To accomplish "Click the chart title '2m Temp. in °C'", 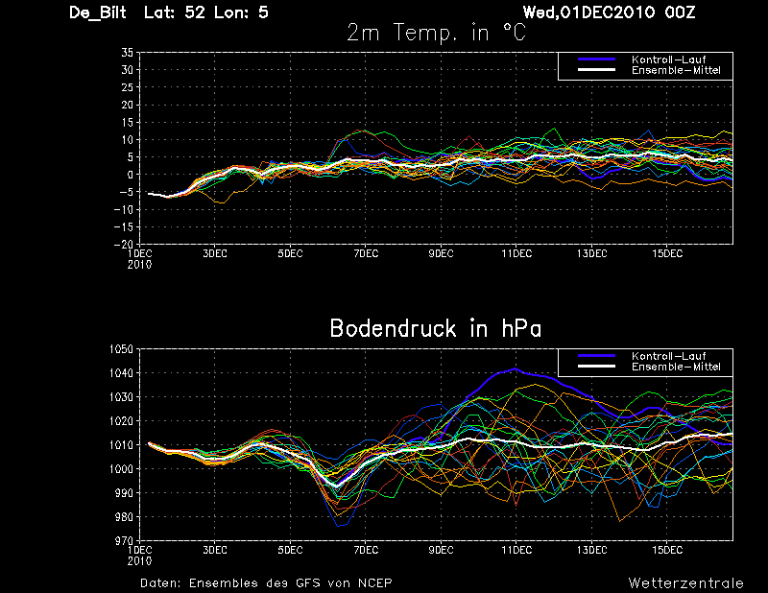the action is pos(436,33).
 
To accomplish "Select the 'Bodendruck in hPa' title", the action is pos(436,328).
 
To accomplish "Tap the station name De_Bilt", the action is pos(98,12).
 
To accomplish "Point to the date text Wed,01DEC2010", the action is pos(589,12).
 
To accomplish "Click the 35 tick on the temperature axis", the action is pos(128,53).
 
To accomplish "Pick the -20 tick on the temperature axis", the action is pos(124,244).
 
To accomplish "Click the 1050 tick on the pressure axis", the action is pos(121,349).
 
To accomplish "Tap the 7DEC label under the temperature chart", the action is pos(366,253).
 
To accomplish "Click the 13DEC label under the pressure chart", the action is pos(591,550).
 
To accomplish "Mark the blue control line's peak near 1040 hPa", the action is pos(515,368).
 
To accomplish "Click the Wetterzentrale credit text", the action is pos(685,583).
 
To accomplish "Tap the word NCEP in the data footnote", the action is pos(374,583).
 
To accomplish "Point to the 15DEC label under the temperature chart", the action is pos(667,253).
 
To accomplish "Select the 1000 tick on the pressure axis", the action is pos(121,469).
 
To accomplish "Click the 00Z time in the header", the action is pos(680,12).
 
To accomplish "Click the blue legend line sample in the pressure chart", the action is pos(596,355).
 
